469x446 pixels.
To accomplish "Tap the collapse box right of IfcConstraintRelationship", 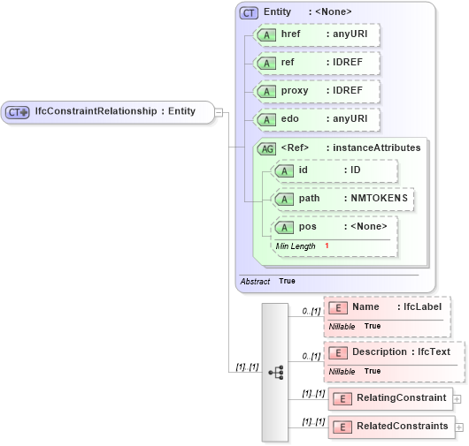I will (219, 112).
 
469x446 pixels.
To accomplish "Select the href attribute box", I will (316, 35).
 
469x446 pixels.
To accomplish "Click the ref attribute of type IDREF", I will (316, 64).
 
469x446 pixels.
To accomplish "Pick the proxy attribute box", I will (316, 92).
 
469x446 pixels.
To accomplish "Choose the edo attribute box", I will (316, 119).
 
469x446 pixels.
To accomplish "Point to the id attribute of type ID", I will (334, 170).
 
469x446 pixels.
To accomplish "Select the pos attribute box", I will (334, 227).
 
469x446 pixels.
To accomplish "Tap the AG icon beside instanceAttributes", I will (265, 148).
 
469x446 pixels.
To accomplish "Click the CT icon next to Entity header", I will (250, 11).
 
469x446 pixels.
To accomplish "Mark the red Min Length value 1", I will (327, 246).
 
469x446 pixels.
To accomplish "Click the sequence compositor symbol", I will (275, 373).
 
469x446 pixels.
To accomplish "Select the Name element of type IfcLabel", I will (387, 307).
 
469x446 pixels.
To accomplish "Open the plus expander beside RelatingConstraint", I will (457, 398).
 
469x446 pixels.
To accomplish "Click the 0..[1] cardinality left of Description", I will (310, 357).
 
